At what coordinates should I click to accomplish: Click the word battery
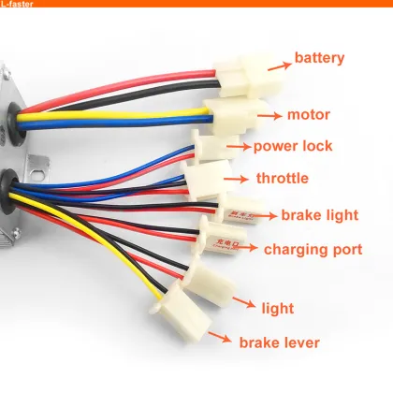pyautogui.click(x=327, y=59)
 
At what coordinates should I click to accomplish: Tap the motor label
pyautogui.click(x=310, y=116)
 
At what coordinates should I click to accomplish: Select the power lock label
pyautogui.click(x=293, y=147)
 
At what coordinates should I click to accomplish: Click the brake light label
pyautogui.click(x=320, y=215)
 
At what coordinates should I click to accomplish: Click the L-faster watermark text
pyautogui.click(x=21, y=6)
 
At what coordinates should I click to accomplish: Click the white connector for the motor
pyautogui.click(x=228, y=114)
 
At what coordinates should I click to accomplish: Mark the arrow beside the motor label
pyautogui.click(x=269, y=117)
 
